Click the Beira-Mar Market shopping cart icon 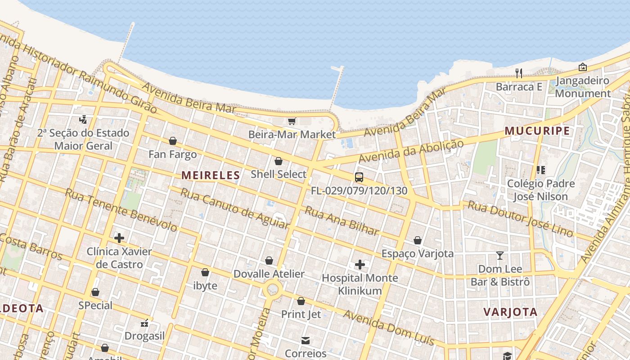[x=292, y=121]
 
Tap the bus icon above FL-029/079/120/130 [x=359, y=177]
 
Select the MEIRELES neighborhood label [x=211, y=175]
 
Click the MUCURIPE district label [x=537, y=131]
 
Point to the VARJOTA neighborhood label [x=510, y=312]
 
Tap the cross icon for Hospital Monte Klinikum [x=360, y=265]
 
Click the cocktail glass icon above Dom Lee [x=499, y=256]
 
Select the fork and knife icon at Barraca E [x=519, y=73]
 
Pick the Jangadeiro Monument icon [x=582, y=67]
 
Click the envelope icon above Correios [x=306, y=340]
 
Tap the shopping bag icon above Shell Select [x=279, y=161]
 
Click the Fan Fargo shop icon [x=172, y=141]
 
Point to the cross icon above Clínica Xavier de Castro [x=119, y=238]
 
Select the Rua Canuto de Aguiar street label [x=234, y=208]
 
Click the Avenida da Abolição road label [x=410, y=152]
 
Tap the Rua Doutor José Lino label [x=520, y=219]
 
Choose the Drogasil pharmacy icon [x=144, y=323]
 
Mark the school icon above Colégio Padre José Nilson [x=540, y=170]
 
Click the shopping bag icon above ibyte [x=205, y=272]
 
